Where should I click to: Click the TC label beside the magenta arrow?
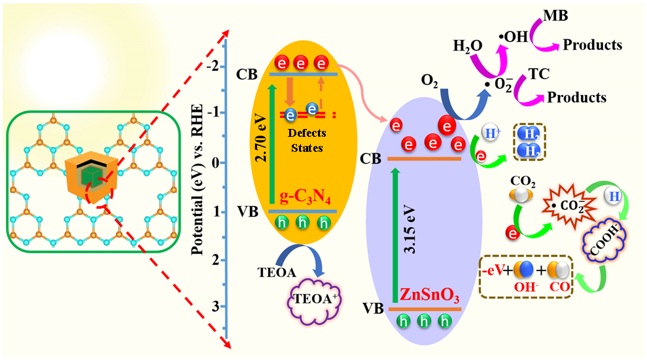[538, 74]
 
